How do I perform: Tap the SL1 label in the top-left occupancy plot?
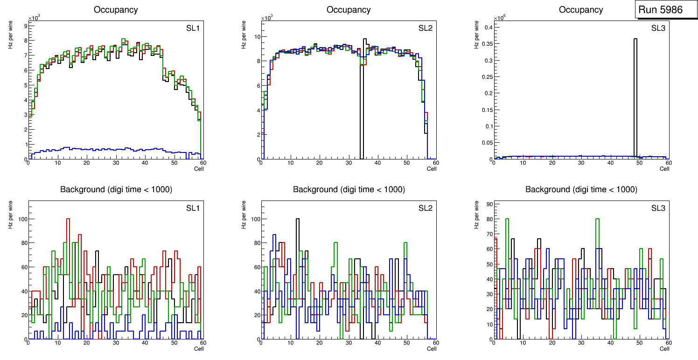tap(193, 28)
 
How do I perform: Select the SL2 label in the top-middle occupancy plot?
tap(426, 28)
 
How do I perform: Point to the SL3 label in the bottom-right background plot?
tap(658, 208)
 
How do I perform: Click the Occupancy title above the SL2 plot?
tap(349, 10)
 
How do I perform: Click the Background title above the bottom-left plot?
tap(116, 189)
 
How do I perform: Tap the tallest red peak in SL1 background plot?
tap(68, 219)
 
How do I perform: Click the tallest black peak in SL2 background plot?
tap(298, 219)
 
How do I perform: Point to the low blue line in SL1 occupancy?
tap(117, 149)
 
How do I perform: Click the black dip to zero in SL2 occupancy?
tap(361, 140)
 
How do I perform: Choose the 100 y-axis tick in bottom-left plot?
tap(20, 219)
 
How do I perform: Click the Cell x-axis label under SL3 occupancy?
tap(664, 169)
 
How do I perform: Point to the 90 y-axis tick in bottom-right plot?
tap(488, 204)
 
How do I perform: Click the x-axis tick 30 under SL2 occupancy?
tap(348, 163)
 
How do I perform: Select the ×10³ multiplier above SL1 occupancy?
tap(34, 18)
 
